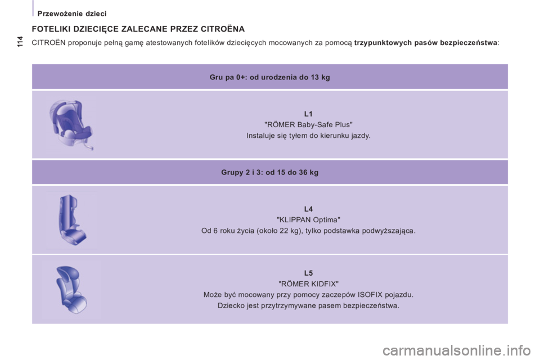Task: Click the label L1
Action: pyautogui.click(x=308, y=114)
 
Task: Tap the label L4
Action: pyautogui.click(x=308, y=209)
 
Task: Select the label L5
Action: pyautogui.click(x=308, y=273)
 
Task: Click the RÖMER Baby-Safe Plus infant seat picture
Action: pyautogui.click(x=71, y=125)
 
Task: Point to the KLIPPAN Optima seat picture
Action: pyautogui.click(x=71, y=219)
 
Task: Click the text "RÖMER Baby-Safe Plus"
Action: pyautogui.click(x=308, y=124)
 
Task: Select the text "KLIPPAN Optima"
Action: pyautogui.click(x=308, y=219)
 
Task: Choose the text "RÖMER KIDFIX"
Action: pyautogui.click(x=308, y=283)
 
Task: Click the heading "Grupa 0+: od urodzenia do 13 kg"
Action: pyautogui.click(x=269, y=77)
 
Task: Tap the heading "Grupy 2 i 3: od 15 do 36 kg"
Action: pyautogui.click(x=269, y=172)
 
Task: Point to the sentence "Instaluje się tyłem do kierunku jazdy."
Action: pyautogui.click(x=308, y=136)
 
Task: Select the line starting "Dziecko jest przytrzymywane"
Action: pyautogui.click(x=308, y=305)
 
